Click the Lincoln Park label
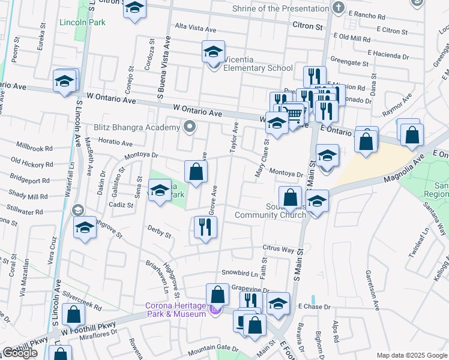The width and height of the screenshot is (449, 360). pyautogui.click(x=82, y=23)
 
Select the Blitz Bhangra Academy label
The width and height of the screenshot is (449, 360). pyautogui.click(x=137, y=127)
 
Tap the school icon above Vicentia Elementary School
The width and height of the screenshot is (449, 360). pyautogui.click(x=213, y=52)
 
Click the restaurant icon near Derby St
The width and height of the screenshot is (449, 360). pyautogui.click(x=205, y=227)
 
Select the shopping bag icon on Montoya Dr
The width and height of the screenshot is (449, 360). pyautogui.click(x=196, y=172)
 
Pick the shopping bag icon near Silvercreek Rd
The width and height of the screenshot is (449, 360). pyautogui.click(x=73, y=315)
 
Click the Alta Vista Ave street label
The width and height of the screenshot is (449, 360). pyautogui.click(x=194, y=28)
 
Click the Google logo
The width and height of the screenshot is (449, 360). pyautogui.click(x=20, y=353)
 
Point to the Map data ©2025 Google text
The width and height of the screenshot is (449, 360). pyautogui.click(x=412, y=355)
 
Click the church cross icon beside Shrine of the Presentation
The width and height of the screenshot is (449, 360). pyautogui.click(x=339, y=8)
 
